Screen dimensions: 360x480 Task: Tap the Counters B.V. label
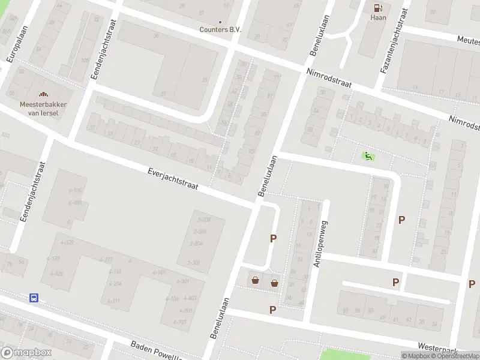[x=220, y=29]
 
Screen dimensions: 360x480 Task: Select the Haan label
[x=378, y=18]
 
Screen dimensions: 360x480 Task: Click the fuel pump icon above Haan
[x=378, y=8]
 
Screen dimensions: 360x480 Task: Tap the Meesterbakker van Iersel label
[x=43, y=108]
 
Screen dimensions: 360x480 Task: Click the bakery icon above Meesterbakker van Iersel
[x=43, y=94]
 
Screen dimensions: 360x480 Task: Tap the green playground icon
[x=368, y=157]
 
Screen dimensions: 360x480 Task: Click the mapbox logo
[x=26, y=353]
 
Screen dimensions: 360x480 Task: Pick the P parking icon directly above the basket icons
[x=273, y=238]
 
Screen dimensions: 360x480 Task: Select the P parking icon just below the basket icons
[x=272, y=310]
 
